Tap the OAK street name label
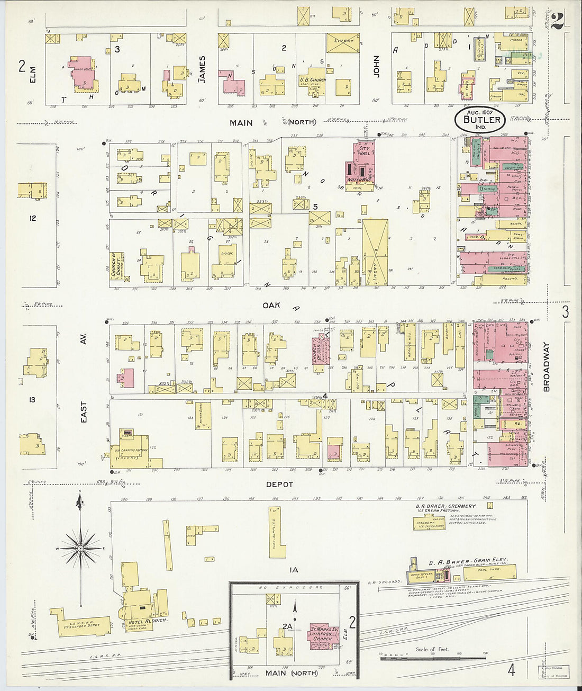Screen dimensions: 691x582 [270, 306]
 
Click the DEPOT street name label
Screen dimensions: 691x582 [279, 484]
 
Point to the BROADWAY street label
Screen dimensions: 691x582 [547, 367]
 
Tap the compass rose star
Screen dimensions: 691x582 [80, 548]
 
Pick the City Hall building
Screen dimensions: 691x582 [362, 165]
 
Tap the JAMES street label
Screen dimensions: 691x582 [202, 69]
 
